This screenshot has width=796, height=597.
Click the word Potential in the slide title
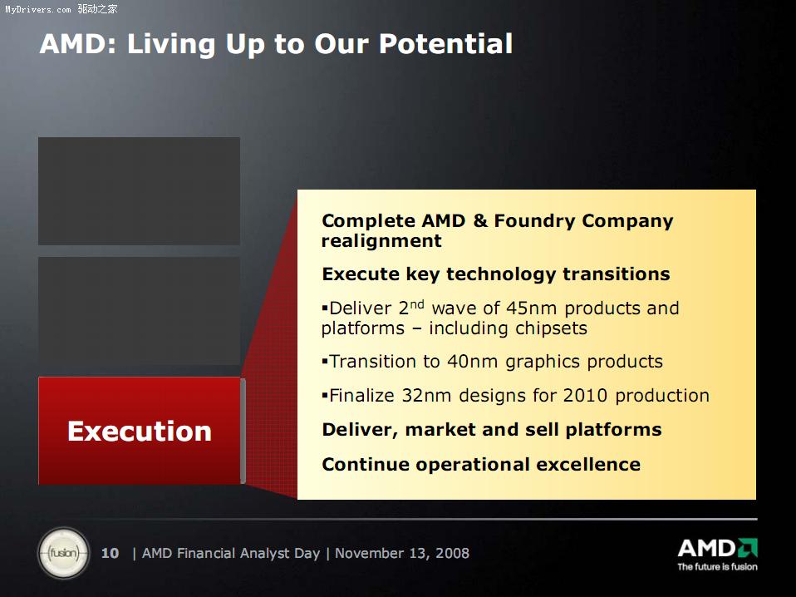[445, 44]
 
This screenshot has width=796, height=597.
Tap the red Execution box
[139, 431]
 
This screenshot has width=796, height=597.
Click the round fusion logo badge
[63, 553]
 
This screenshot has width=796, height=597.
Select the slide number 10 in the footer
[110, 553]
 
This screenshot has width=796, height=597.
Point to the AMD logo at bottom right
[717, 548]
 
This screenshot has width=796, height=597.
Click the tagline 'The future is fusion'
[717, 566]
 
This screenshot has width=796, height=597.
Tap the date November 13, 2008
[402, 553]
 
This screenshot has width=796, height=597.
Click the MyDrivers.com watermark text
[38, 9]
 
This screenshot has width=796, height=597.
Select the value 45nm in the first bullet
[532, 308]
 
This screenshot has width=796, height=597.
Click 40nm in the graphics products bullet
[472, 361]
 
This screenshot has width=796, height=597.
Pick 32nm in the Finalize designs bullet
[426, 395]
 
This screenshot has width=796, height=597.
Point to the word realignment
[381, 241]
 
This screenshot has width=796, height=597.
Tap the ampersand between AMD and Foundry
[479, 221]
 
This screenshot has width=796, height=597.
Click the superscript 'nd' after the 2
[417, 303]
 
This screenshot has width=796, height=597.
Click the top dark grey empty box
[139, 191]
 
